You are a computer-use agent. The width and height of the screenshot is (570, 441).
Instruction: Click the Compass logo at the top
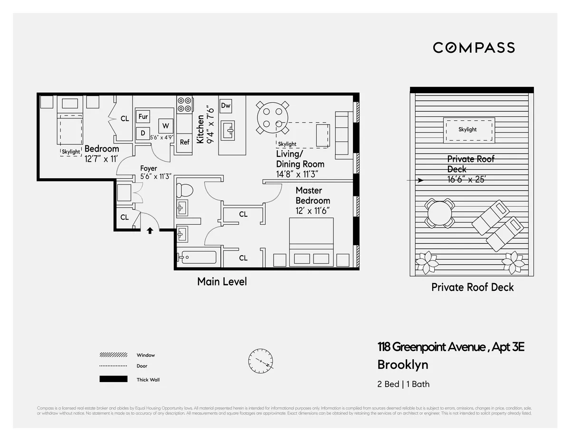[x=474, y=48]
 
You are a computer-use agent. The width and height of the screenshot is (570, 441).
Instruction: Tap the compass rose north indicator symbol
[x=260, y=361]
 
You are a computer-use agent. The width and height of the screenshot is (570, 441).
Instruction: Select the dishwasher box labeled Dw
[x=226, y=105]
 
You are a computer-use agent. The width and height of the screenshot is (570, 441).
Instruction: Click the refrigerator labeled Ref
[x=184, y=142]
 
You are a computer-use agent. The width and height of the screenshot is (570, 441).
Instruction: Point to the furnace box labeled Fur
[x=143, y=116]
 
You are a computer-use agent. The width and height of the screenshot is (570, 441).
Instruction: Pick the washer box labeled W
[x=165, y=126]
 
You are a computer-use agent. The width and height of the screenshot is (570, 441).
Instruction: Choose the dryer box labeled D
[x=143, y=134]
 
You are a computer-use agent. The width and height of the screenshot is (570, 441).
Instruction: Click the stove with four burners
[x=185, y=105]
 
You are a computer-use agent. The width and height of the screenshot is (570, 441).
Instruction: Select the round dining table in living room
[x=272, y=118]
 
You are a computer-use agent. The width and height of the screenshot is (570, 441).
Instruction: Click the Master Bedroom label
[x=313, y=195]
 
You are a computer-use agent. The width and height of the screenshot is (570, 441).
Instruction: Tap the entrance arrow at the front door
[x=150, y=230]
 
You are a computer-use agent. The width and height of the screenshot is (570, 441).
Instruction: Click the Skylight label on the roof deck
[x=467, y=129]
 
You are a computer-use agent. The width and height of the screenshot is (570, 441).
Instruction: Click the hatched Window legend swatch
[x=114, y=355]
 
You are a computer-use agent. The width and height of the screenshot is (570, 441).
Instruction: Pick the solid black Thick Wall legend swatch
[x=114, y=379]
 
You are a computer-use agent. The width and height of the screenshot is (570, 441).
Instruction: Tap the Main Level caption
[x=222, y=282]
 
